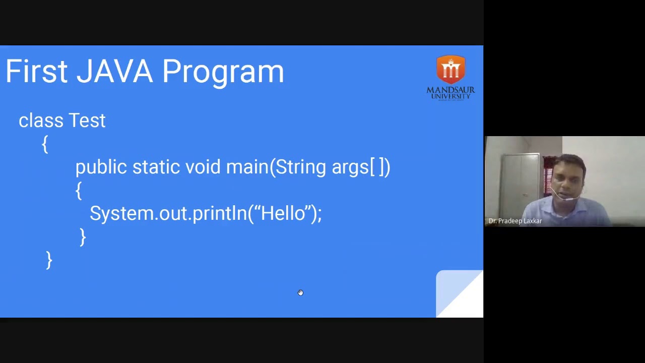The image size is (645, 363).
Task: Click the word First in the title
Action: pos(36,72)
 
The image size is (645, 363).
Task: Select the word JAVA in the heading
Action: pos(114,72)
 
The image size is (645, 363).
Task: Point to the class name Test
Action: pos(87,120)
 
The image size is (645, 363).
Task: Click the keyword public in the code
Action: pos(101,167)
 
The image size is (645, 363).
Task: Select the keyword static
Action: pos(156,167)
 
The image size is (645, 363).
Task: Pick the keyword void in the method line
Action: pos(203,167)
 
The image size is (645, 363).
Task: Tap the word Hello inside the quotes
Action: pos(283,213)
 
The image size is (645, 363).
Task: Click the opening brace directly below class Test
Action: pos(45,144)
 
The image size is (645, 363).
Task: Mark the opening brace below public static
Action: pos(78,191)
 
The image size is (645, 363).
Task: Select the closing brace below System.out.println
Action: pos(83,237)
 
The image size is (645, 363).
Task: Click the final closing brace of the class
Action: pos(49,260)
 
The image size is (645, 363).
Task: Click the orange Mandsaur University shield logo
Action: pos(450,70)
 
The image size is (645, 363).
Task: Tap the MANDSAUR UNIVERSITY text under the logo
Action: pos(450,93)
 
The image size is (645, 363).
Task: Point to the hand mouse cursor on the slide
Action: pos(300,292)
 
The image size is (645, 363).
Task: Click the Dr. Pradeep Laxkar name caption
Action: pos(515,221)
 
